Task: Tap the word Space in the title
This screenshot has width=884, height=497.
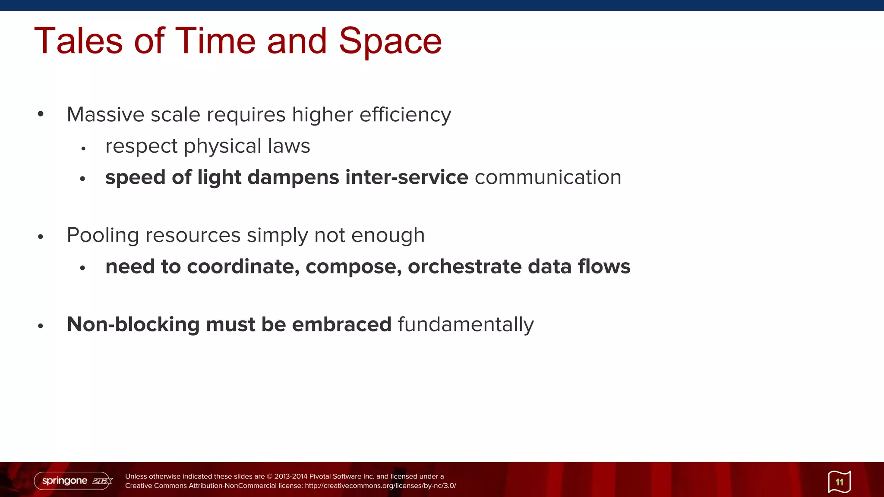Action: point(390,41)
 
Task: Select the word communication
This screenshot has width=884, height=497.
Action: point(548,177)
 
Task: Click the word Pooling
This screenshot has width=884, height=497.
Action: point(103,236)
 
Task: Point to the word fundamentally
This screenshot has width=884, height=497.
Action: point(465,324)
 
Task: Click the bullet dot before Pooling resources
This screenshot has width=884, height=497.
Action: point(41,236)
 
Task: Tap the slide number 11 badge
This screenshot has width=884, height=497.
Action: point(839,482)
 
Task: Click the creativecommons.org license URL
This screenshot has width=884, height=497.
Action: point(380,486)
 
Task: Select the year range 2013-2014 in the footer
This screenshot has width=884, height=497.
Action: point(290,476)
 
